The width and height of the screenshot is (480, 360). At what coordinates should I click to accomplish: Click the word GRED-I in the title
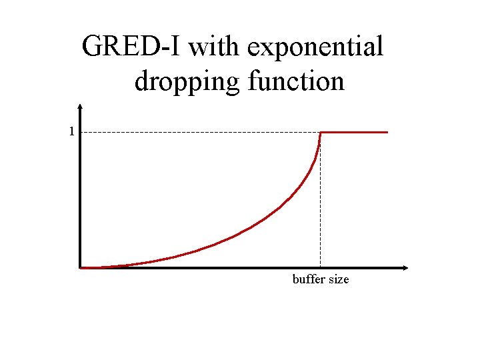tap(131, 47)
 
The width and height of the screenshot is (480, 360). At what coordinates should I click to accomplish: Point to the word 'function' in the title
tap(296, 81)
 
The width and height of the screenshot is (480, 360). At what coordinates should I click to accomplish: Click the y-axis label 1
tap(71, 131)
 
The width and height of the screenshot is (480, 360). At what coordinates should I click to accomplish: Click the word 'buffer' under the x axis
tap(309, 279)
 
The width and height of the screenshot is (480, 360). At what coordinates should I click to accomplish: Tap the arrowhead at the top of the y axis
tap(80, 106)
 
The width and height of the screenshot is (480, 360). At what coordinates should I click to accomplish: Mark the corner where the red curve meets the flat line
tap(321, 133)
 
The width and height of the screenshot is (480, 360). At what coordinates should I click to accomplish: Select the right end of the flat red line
tap(387, 132)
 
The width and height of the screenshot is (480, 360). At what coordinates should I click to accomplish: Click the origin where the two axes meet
tap(80, 268)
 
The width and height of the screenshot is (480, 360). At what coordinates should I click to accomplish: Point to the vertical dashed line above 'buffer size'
tap(321, 200)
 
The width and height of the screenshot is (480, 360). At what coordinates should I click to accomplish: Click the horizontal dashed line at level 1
tap(200, 132)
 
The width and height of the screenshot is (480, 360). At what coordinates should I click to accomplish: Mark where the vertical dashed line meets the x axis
tap(321, 268)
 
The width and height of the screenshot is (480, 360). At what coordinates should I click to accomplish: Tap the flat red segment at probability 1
tap(353, 132)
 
